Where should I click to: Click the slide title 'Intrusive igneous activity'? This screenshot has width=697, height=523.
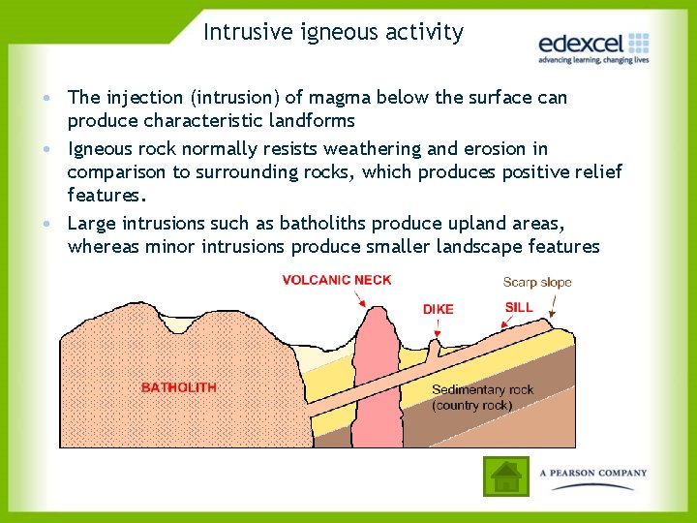click(333, 32)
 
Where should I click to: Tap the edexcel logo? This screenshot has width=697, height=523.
click(592, 45)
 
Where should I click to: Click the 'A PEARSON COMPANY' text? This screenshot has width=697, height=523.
click(592, 474)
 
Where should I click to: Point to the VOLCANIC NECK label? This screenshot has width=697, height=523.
click(337, 281)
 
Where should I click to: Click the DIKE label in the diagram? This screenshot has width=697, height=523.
click(438, 310)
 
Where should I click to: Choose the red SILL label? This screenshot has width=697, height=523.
click(518, 307)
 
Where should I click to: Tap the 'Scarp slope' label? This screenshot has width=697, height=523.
click(536, 283)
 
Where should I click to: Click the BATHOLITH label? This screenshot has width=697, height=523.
click(179, 387)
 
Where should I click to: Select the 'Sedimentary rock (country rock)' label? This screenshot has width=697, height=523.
click(482, 397)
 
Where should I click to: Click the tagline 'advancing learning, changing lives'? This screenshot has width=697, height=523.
click(592, 60)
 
